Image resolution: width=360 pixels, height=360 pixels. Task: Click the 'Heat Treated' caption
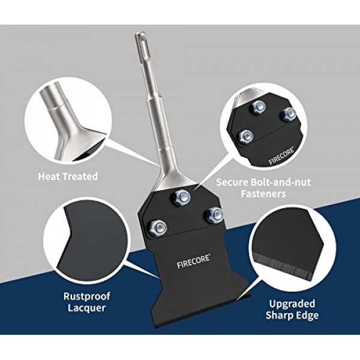tap(68, 176)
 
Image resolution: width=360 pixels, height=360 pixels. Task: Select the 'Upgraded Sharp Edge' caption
tap(292, 309)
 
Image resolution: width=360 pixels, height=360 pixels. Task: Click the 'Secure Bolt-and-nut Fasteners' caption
tap(263, 188)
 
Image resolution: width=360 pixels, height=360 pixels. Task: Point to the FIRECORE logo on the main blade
tap(193, 261)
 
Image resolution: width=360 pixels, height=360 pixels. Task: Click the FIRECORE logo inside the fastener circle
tap(282, 157)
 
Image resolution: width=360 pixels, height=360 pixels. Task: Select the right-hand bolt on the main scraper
tap(214, 215)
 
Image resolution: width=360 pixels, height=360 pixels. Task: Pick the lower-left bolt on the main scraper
tap(158, 227)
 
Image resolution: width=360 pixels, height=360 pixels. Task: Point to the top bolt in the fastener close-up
tap(259, 107)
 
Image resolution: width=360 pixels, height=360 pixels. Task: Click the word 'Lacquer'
tap(86, 308)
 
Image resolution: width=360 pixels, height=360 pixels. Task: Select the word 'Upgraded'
tap(292, 304)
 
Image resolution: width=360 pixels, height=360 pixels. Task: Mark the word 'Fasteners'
tap(263, 194)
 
